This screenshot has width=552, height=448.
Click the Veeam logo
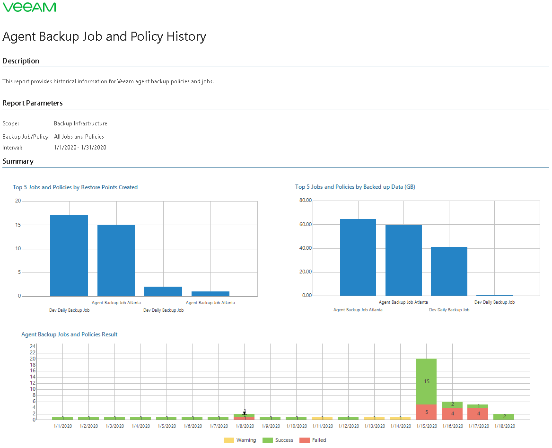click(x=29, y=7)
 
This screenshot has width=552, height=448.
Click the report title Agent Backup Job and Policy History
click(x=104, y=37)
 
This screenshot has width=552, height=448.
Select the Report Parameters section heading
click(x=33, y=103)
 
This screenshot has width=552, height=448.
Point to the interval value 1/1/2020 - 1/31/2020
click(x=80, y=148)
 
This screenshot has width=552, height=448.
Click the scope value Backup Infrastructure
click(x=80, y=123)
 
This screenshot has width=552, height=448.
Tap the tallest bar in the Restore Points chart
click(x=69, y=255)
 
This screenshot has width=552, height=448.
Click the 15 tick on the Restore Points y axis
click(x=18, y=225)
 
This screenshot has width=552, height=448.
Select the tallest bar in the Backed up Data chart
click(x=358, y=257)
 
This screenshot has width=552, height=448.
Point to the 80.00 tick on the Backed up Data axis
click(x=306, y=201)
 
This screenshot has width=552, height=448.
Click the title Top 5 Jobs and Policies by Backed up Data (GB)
click(x=355, y=187)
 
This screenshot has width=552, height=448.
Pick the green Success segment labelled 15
click(x=427, y=381)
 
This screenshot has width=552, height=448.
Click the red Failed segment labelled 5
click(x=427, y=412)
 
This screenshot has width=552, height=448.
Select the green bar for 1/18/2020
click(x=504, y=417)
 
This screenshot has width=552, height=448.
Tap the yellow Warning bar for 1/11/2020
click(x=323, y=418)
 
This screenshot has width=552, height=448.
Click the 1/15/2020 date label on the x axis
click(x=427, y=426)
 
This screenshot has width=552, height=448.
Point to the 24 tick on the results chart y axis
click(x=33, y=346)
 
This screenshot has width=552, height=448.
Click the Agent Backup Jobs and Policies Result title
click(x=70, y=334)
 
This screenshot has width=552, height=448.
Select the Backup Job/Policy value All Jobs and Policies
click(x=79, y=137)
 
